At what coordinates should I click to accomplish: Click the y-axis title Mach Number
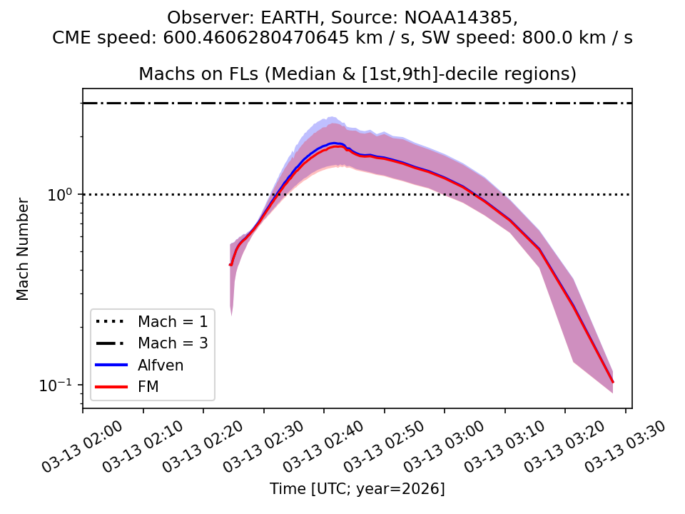point(23,248)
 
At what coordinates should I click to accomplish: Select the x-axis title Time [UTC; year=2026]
point(357,489)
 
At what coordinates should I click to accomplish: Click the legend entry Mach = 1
point(173,321)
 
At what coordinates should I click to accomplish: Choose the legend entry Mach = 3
point(173,343)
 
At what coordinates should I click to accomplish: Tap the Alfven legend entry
point(161,365)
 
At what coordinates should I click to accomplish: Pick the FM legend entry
point(148,387)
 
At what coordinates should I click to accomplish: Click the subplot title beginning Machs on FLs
point(357,74)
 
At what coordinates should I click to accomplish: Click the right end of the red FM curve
point(612,383)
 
